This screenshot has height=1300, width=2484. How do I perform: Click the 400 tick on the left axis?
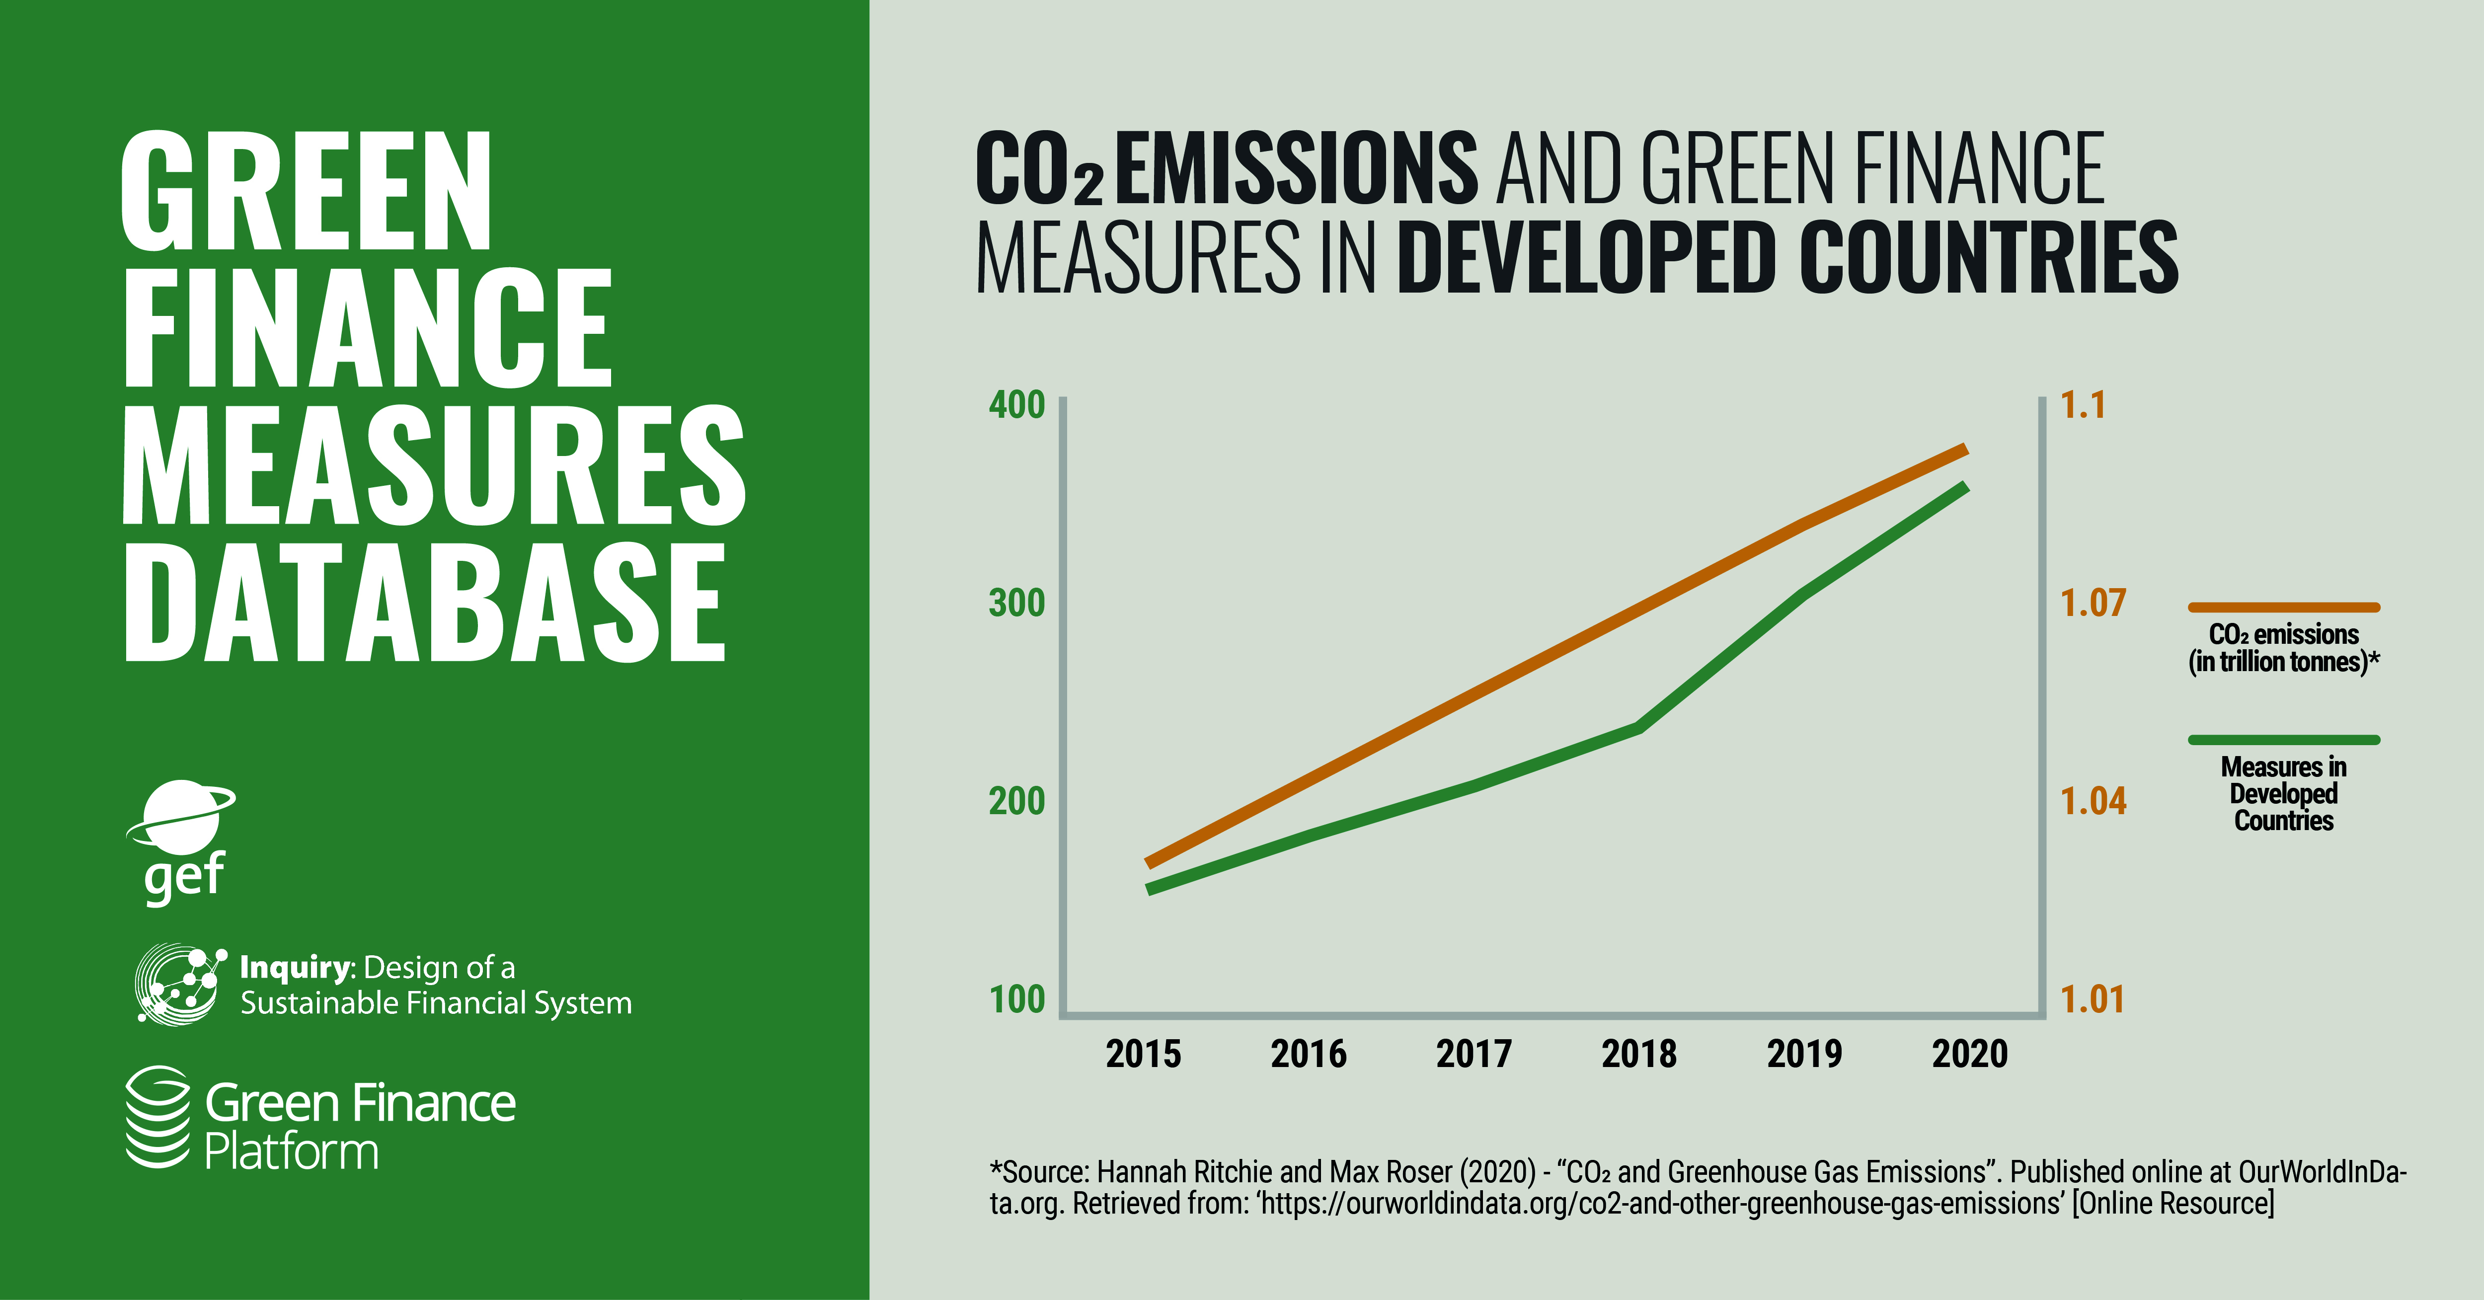[x=1016, y=405]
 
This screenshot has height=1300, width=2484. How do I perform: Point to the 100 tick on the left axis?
[x=1016, y=999]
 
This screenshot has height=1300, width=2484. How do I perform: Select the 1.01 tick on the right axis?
[x=2093, y=999]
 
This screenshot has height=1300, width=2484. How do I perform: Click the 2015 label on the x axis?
[x=1144, y=1054]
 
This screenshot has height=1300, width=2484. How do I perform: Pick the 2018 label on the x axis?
[x=1639, y=1054]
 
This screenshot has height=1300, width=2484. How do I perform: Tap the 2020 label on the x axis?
[x=1970, y=1054]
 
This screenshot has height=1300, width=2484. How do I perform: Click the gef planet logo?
[x=181, y=820]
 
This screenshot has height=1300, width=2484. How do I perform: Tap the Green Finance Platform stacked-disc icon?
[x=157, y=1117]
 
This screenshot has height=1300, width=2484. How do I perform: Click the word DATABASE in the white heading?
[x=424, y=602]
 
